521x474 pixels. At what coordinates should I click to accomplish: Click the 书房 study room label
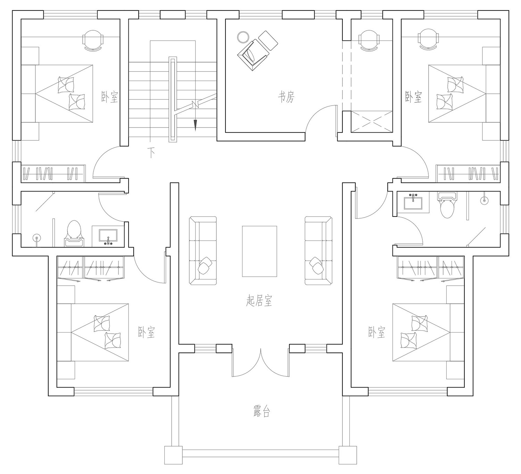[x=286, y=97]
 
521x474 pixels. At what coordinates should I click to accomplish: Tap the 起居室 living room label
[x=259, y=301]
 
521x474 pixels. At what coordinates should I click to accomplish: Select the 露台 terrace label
[x=262, y=411]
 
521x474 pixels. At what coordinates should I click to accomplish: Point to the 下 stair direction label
[x=151, y=153]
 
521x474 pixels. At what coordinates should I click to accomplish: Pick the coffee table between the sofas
[x=259, y=251]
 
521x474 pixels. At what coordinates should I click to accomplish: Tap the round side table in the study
[x=243, y=36]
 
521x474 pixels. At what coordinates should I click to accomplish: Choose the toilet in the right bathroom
[x=447, y=205]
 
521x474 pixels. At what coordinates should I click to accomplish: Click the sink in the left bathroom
[x=108, y=237]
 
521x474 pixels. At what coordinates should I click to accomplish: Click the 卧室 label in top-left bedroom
[x=110, y=97]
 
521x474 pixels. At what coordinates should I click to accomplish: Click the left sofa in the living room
[x=203, y=251]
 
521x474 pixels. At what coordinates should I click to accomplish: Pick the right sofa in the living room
[x=319, y=251]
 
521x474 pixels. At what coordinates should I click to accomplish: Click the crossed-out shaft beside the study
[x=371, y=122]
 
